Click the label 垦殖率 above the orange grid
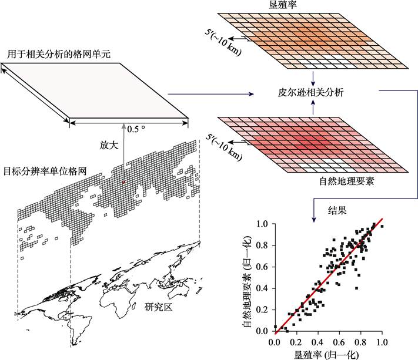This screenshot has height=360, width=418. [315, 6]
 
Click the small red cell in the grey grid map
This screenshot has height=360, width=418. [123, 183]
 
